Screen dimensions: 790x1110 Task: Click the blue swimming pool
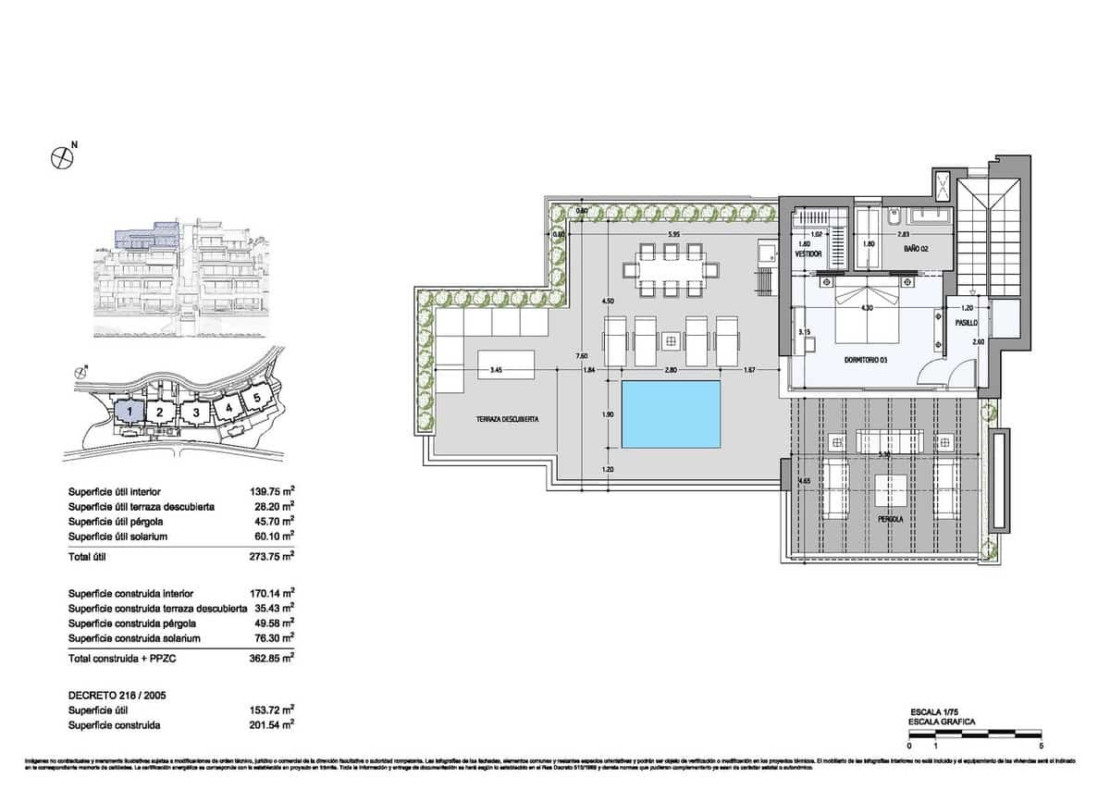pyautogui.click(x=671, y=414)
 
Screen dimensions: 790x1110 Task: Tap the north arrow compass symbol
pyautogui.click(x=62, y=157)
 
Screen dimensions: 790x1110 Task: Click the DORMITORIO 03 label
pyautogui.click(x=867, y=360)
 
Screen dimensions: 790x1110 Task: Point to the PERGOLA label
pyautogui.click(x=892, y=519)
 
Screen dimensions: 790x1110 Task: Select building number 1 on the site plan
pyautogui.click(x=132, y=410)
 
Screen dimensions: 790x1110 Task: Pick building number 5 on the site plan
pyautogui.click(x=255, y=398)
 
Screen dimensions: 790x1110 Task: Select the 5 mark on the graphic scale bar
pyautogui.click(x=1042, y=745)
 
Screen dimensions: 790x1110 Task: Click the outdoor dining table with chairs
pyautogui.click(x=671, y=269)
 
